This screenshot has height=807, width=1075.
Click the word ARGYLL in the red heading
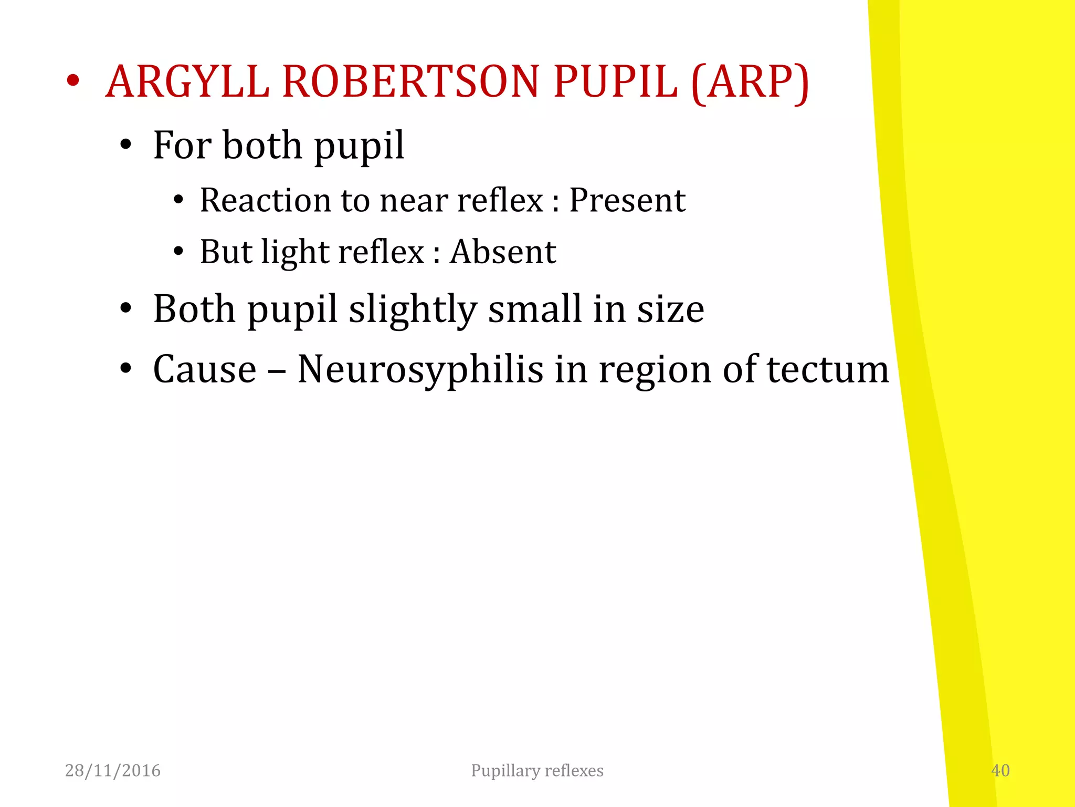(x=187, y=82)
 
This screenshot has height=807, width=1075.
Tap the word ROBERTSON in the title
(x=410, y=82)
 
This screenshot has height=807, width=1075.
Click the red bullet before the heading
(x=73, y=81)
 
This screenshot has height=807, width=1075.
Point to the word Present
(x=627, y=201)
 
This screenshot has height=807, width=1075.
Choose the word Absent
(x=503, y=252)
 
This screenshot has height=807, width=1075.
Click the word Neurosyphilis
(x=420, y=369)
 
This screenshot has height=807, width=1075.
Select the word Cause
(x=205, y=369)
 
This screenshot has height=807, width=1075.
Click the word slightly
(x=413, y=310)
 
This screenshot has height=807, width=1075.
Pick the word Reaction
(x=265, y=201)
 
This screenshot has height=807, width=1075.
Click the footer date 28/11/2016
(x=113, y=770)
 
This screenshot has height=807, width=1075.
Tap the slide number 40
(x=1000, y=770)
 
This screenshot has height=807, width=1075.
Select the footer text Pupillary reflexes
(x=537, y=770)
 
